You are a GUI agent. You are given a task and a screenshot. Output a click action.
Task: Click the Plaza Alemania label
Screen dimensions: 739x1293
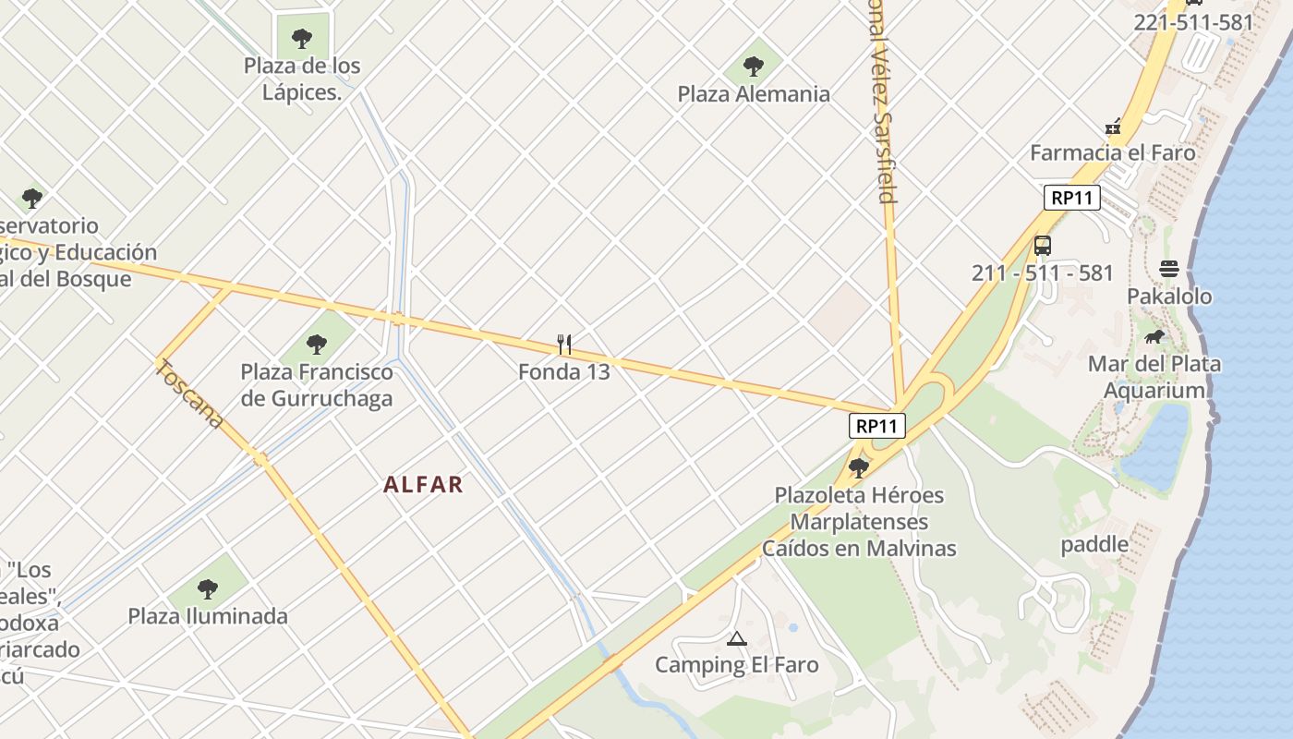pyautogui.click(x=754, y=94)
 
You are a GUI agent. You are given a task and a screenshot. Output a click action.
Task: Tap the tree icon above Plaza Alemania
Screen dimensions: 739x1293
pyautogui.click(x=754, y=66)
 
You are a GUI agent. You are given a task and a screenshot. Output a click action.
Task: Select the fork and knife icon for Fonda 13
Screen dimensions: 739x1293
pyautogui.click(x=564, y=345)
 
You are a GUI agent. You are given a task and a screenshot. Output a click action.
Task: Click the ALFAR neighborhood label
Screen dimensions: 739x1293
pyautogui.click(x=423, y=484)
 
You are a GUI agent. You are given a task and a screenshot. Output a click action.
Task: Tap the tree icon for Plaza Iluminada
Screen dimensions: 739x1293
pyautogui.click(x=208, y=588)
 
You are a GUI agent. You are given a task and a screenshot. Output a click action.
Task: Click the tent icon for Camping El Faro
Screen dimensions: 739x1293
pyautogui.click(x=736, y=637)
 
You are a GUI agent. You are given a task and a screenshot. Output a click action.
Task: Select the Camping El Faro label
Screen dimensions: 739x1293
pyautogui.click(x=736, y=665)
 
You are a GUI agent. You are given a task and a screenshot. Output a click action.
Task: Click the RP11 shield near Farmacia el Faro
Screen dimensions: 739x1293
pyautogui.click(x=1072, y=197)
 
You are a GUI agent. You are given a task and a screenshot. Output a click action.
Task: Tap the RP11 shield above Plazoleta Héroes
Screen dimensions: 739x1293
pyautogui.click(x=876, y=426)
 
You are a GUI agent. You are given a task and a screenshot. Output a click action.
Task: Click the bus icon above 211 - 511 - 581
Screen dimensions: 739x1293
pyautogui.click(x=1043, y=246)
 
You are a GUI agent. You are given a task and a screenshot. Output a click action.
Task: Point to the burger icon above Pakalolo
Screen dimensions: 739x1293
pyautogui.click(x=1169, y=269)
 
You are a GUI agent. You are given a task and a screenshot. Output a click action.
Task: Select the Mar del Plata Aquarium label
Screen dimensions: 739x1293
pyautogui.click(x=1154, y=377)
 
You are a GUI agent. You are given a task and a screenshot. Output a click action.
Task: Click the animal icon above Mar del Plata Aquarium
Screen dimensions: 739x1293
pyautogui.click(x=1154, y=336)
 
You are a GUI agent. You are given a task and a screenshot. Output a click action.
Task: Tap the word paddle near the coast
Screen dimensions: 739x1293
pyautogui.click(x=1094, y=544)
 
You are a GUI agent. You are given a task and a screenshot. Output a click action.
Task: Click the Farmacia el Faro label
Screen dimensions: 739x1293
pyautogui.click(x=1113, y=152)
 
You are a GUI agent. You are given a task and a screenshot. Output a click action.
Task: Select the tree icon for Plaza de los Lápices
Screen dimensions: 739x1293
pyautogui.click(x=301, y=38)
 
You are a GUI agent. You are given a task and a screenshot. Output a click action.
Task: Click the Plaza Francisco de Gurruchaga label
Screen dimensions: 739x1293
pyautogui.click(x=317, y=385)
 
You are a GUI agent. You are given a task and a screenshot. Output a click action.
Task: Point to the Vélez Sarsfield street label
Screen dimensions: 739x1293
pyautogui.click(x=882, y=102)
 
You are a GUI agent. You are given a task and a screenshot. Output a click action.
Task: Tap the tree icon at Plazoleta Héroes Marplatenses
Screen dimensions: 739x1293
pyautogui.click(x=859, y=467)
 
